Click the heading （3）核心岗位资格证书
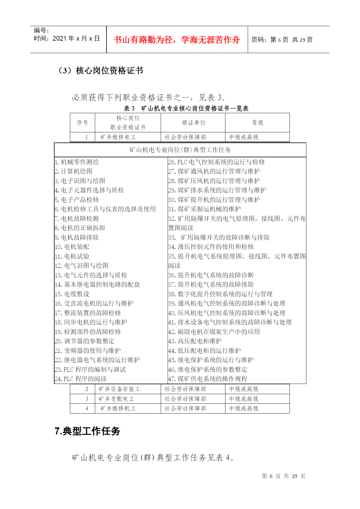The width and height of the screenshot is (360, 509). coord(100,71)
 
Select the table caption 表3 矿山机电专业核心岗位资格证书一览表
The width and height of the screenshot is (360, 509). coord(186,109)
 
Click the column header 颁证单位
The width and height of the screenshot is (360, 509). coord(193,123)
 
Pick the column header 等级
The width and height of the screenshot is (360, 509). coord(257,123)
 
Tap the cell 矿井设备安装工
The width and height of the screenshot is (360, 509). coord(119,389)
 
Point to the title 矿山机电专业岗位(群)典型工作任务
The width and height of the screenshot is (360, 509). coord(180,150)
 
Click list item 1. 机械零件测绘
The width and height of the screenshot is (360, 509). coord(77,162)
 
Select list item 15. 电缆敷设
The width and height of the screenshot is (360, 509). coord(72,294)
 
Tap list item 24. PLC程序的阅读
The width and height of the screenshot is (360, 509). coord(81,379)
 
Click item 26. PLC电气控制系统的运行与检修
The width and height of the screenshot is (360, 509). coord(216,162)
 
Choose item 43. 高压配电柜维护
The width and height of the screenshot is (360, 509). coord(195,341)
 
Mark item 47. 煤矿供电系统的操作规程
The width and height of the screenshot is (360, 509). coord(208,379)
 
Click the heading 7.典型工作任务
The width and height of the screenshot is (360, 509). coord(87,431)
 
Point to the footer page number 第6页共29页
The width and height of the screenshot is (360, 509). coord(283,476)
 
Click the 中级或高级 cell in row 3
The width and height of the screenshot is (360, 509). coord(244,399)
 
